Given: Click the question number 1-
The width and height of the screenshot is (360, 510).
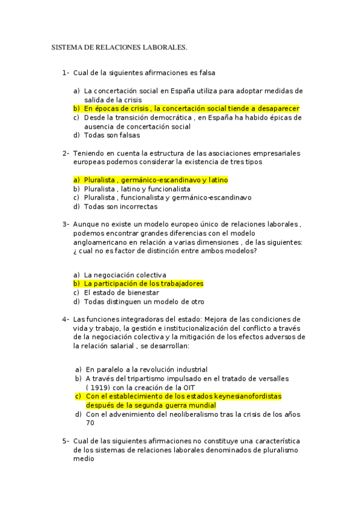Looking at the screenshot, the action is pyautogui.click(x=65, y=73).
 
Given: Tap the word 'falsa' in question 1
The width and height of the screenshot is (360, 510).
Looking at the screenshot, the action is pyautogui.click(x=206, y=73).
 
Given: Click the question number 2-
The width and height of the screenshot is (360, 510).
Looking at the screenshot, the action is pyautogui.click(x=65, y=153).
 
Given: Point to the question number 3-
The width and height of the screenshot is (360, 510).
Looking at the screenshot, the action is pyautogui.click(x=65, y=224).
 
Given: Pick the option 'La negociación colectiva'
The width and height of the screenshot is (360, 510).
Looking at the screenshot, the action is pyautogui.click(x=125, y=274).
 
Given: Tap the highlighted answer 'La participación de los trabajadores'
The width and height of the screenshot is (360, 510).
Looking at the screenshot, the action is pyautogui.click(x=144, y=283).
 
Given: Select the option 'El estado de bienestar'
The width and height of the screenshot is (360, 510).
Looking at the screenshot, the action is pyautogui.click(x=121, y=292).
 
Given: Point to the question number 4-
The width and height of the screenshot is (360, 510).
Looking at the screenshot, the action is pyautogui.click(x=65, y=319).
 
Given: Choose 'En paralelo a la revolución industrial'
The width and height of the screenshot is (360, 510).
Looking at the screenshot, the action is pyautogui.click(x=147, y=369).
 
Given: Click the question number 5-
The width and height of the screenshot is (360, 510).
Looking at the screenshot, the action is pyautogui.click(x=65, y=441).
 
